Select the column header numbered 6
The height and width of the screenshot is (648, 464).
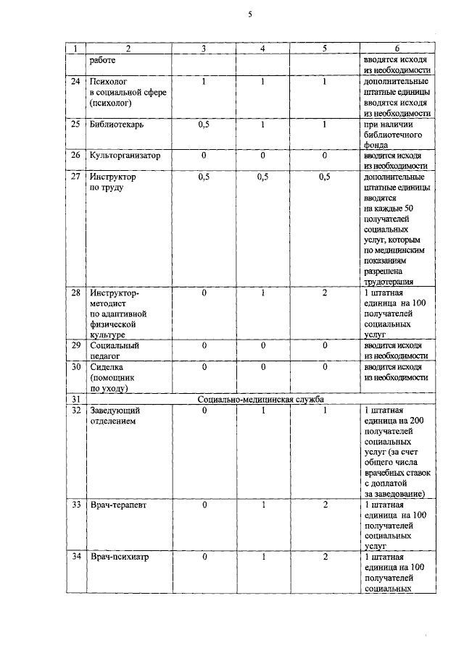coord(397,49)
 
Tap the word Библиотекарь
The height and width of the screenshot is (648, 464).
coord(117,124)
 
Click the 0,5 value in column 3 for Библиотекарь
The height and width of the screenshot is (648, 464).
coord(204,124)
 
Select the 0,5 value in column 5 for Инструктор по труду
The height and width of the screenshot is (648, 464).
coord(325,177)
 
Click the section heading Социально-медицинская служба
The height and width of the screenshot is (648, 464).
coord(260,399)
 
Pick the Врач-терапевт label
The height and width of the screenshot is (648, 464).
coord(118,504)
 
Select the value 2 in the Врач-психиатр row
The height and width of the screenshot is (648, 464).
coord(325,557)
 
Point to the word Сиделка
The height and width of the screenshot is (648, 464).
coord(107,366)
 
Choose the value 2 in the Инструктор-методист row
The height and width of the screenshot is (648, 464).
coord(325,293)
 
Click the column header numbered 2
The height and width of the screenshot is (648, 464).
coord(128,49)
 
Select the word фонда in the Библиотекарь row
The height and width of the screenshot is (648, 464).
coord(376,144)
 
